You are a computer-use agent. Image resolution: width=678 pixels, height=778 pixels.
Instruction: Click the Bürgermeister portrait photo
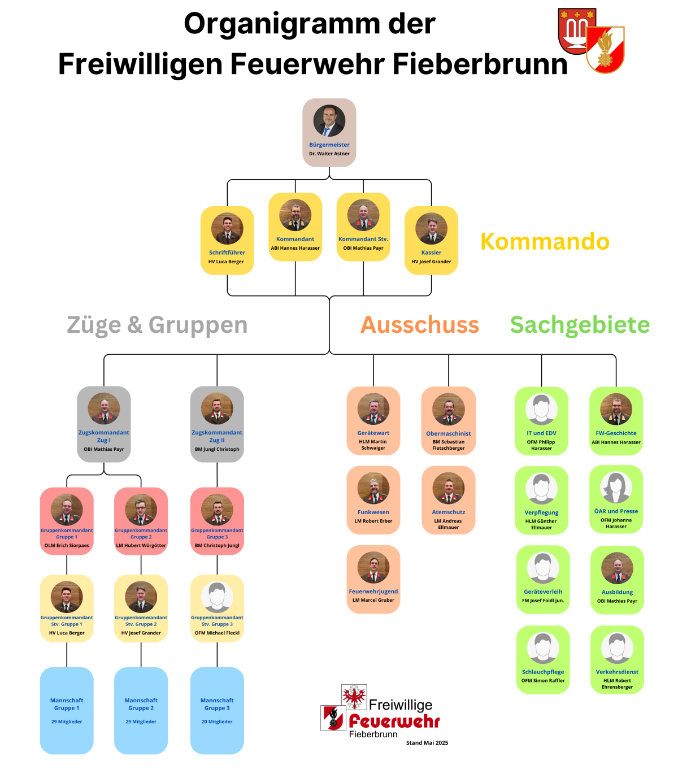coord(329,121)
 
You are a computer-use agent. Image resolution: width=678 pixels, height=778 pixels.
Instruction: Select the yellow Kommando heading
coord(545,241)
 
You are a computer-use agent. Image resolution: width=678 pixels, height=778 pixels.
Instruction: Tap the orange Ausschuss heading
coord(420,325)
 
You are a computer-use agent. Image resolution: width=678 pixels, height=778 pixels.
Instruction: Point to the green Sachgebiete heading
coord(580,325)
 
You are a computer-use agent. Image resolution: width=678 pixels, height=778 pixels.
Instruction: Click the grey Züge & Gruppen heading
coord(157,325)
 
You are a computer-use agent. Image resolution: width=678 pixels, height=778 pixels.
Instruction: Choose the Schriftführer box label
coord(227,253)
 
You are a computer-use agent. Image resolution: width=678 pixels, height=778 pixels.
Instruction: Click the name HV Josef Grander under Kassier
coord(431,262)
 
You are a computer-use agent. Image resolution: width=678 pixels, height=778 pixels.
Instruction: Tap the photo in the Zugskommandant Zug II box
coord(217,409)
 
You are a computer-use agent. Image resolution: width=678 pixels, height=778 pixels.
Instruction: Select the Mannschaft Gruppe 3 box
coord(217,710)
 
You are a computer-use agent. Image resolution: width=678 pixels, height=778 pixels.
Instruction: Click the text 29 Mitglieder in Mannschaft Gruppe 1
coord(67,722)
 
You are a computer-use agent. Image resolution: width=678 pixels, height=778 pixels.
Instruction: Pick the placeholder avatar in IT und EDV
coord(541,409)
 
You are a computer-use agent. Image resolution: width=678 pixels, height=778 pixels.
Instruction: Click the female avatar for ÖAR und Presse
coord(616,487)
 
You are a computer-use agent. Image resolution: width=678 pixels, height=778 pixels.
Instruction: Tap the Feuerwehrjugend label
coord(373,592)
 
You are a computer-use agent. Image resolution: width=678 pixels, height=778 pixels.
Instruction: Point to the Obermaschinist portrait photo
coord(449,409)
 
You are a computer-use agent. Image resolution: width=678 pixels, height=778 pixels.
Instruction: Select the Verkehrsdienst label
coord(617,672)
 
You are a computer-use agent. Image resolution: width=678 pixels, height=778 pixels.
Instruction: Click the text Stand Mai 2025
coord(427,743)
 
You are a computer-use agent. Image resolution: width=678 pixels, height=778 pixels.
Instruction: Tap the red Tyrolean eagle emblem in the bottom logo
coord(354,697)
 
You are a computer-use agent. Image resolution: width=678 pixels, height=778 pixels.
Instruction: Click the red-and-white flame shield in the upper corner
coord(605,50)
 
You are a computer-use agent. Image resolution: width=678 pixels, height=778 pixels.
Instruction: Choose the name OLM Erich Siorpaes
coord(67,546)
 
